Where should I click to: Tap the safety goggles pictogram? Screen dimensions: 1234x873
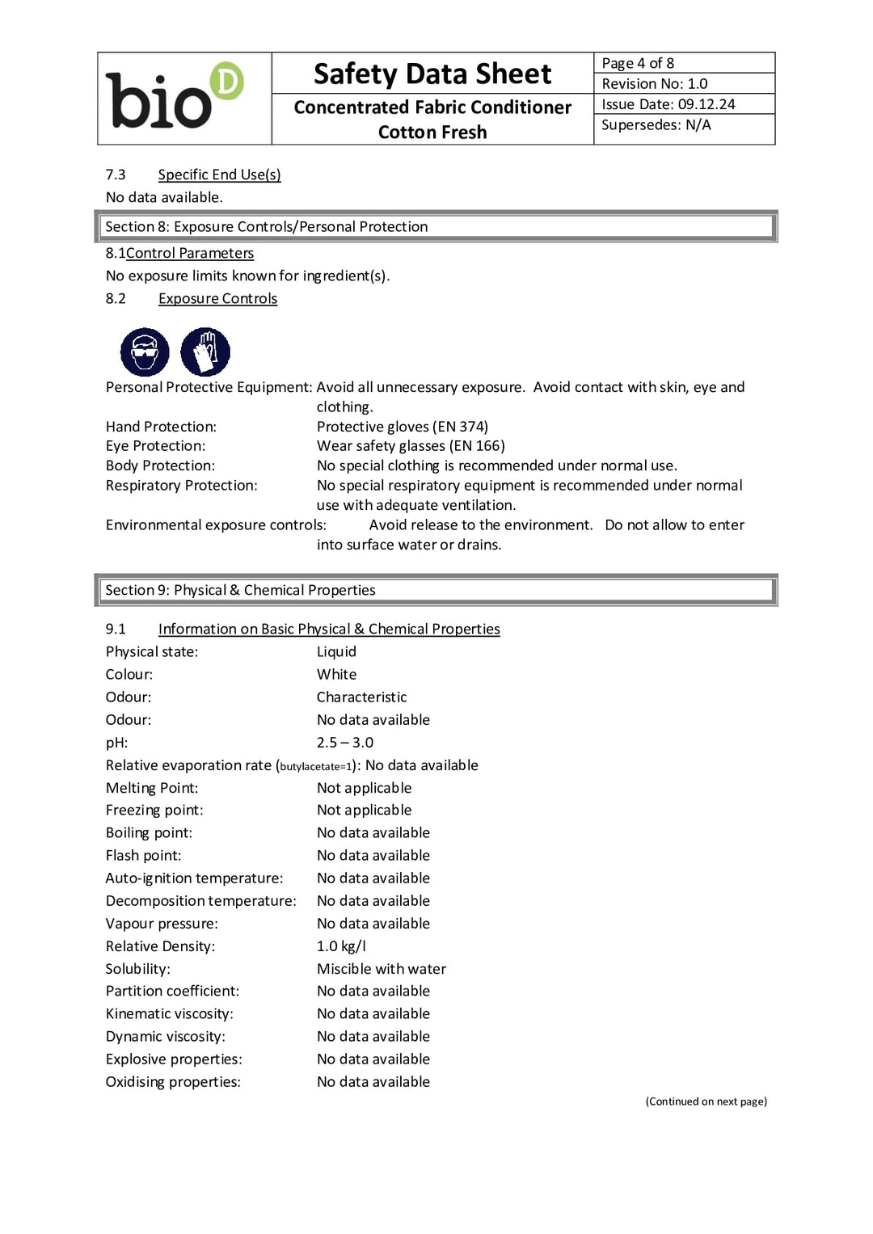pos(145,352)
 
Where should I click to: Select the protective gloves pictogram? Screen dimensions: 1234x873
pos(205,352)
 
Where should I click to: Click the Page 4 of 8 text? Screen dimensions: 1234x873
pos(638,63)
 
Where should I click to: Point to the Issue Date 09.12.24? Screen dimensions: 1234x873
pos(668,104)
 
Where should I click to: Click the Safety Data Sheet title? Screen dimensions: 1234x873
pos(432,74)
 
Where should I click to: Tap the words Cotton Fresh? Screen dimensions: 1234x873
pos(432,133)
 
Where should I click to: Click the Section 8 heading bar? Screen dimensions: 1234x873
pos(436,227)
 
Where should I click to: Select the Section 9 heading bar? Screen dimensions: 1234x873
pos(436,591)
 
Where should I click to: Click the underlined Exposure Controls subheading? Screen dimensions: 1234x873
pos(217,299)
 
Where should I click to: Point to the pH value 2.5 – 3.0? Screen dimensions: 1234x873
pos(345,743)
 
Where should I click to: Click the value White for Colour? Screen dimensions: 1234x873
pos(336,675)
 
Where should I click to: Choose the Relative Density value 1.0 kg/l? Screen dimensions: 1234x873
pos(341,946)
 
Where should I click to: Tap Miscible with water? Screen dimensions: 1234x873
pos(382,969)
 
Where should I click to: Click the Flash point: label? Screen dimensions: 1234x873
pos(144,856)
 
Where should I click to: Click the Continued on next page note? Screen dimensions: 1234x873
pos(706,1101)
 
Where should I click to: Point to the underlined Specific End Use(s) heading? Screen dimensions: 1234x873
pos(219,175)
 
